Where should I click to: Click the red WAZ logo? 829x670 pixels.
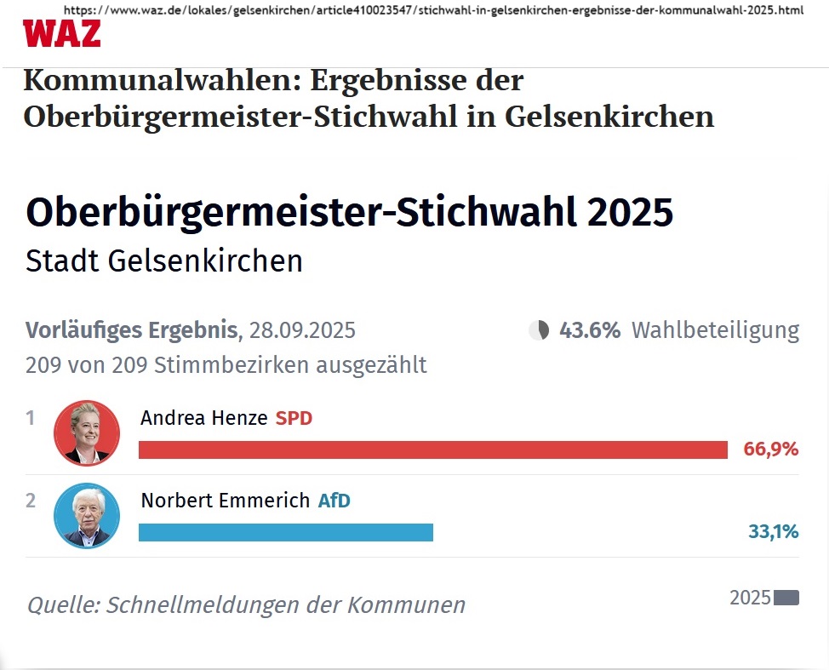pos(61,33)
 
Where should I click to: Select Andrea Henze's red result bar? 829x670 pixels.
pos(432,450)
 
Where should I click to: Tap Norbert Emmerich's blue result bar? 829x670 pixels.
pos(285,532)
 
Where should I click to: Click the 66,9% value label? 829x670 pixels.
pos(771,450)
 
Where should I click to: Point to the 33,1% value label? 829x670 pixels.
pos(773,532)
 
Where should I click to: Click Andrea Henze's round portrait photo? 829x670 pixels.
pos(87,433)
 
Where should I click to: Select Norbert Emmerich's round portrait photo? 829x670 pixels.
pos(87,516)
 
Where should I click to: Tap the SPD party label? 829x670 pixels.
pos(294,418)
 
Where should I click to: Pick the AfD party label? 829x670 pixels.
pos(334,501)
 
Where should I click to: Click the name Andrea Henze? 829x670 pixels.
pos(203,418)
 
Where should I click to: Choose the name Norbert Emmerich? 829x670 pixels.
pos(225,501)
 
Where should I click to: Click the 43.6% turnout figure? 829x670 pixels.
pos(590,330)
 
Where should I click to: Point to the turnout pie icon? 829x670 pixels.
pos(539,330)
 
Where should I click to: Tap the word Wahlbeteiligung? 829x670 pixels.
pos(715,330)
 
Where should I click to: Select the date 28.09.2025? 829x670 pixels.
pos(302,330)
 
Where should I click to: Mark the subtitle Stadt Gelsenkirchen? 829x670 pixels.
pos(164,261)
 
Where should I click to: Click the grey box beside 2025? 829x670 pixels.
pos(786,598)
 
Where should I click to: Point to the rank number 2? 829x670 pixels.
pos(31,501)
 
